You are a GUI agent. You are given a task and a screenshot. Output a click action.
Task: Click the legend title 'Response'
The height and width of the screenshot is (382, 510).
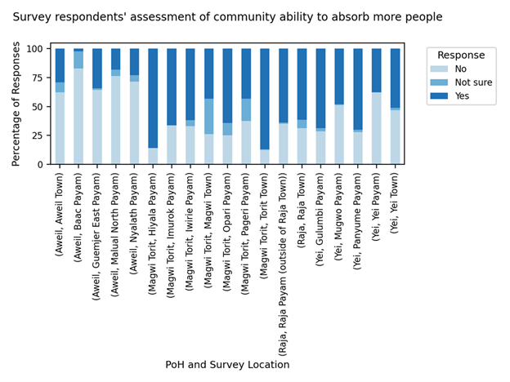coord(459,56)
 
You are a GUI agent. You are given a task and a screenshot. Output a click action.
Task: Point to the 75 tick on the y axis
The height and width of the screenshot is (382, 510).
coord(39,78)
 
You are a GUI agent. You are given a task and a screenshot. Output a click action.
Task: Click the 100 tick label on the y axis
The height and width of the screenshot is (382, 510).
coord(36,49)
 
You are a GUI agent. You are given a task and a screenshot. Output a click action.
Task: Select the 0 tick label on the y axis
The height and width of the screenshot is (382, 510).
coord(42,165)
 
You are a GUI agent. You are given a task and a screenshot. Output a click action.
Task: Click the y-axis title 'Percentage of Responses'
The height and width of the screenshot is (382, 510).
coord(16,104)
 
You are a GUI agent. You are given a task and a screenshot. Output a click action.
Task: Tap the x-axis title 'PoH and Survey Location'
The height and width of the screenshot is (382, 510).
coord(227,365)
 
